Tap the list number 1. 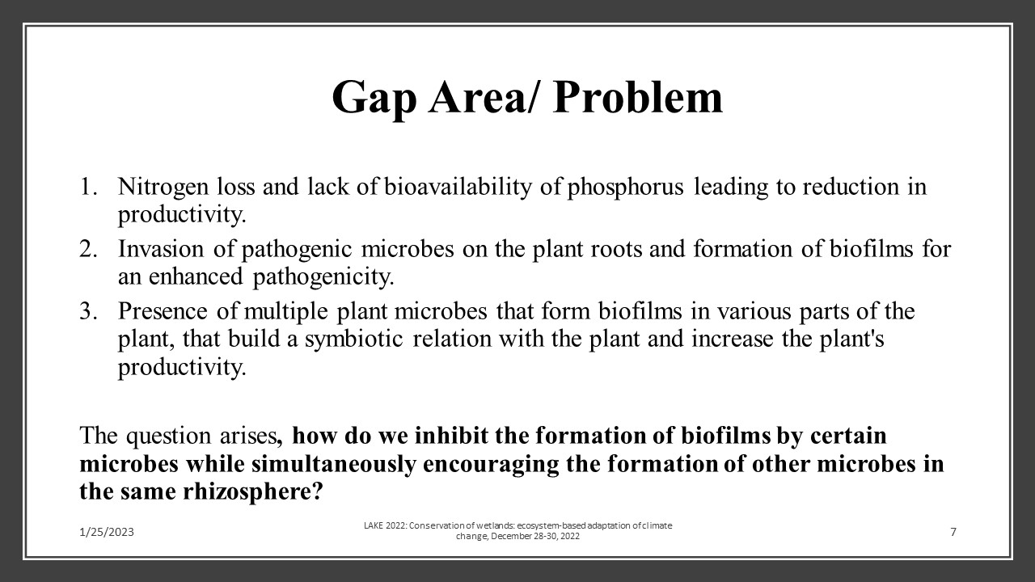click(x=87, y=188)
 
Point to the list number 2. click(x=87, y=249)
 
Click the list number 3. click(x=87, y=311)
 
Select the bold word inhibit click(x=450, y=436)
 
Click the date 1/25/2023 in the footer click(x=107, y=532)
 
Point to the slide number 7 click(x=953, y=532)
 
